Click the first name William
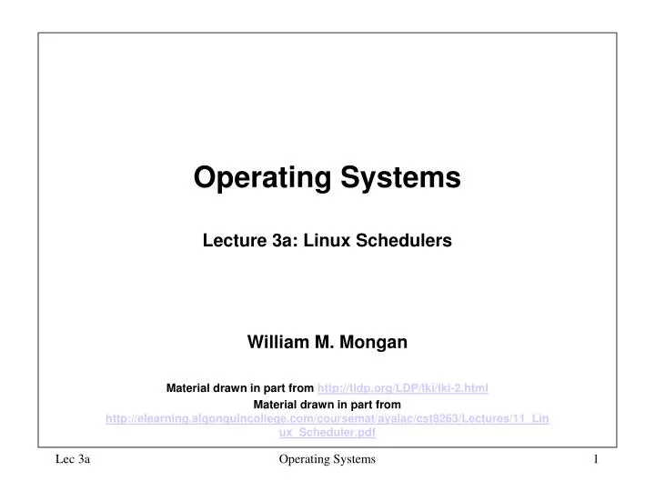279,342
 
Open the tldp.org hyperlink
402,388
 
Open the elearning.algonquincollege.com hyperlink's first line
327,418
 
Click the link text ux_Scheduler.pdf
327,433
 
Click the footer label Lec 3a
72,461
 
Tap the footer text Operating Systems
327,461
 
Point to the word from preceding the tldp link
299,388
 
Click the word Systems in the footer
354,461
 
